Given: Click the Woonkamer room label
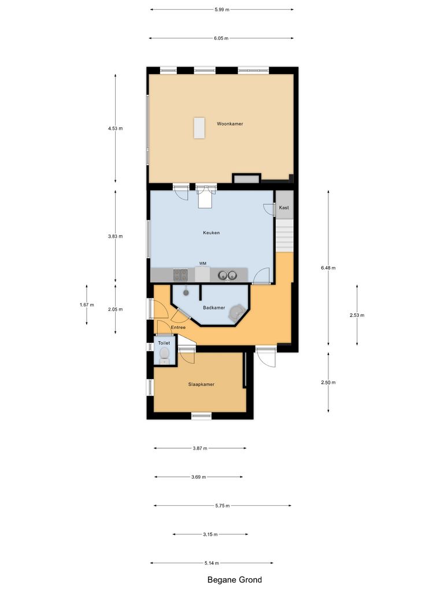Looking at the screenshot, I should pyautogui.click(x=230, y=124).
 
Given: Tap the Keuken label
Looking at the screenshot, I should pyautogui.click(x=211, y=233).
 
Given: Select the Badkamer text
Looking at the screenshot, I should pyautogui.click(x=214, y=308).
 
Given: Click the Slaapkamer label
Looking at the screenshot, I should pyautogui.click(x=201, y=384).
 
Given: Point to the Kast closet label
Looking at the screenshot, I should pyautogui.click(x=284, y=208).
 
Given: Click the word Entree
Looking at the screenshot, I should pyautogui.click(x=178, y=327).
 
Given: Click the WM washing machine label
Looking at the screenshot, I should pyautogui.click(x=202, y=263).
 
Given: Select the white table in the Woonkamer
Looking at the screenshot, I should pyautogui.click(x=199, y=128).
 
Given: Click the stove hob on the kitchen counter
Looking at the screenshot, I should pyautogui.click(x=180, y=275).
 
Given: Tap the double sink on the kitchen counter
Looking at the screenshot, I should pyautogui.click(x=226, y=275).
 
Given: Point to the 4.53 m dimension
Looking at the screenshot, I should pyautogui.click(x=115, y=128).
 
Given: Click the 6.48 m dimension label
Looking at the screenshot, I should pyautogui.click(x=328, y=268).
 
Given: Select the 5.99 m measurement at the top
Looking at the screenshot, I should pyautogui.click(x=221, y=9).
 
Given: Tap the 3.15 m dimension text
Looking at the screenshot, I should pyautogui.click(x=210, y=534).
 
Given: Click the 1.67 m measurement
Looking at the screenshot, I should pyautogui.click(x=87, y=305).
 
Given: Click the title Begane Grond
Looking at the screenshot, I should pyautogui.click(x=235, y=580).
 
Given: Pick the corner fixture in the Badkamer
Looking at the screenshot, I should pyautogui.click(x=236, y=313).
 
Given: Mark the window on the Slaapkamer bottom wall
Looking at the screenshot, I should pyautogui.click(x=201, y=415).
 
